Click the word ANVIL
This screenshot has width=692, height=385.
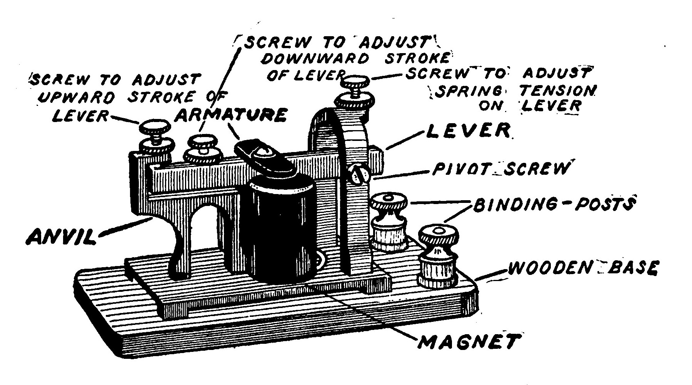(60, 236)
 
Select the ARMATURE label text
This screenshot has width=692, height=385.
(231, 115)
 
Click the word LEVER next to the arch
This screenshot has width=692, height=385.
(469, 131)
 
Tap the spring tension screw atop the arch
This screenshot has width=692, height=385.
(356, 83)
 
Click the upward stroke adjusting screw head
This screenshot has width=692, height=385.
(154, 126)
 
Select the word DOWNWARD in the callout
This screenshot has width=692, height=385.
(315, 59)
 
